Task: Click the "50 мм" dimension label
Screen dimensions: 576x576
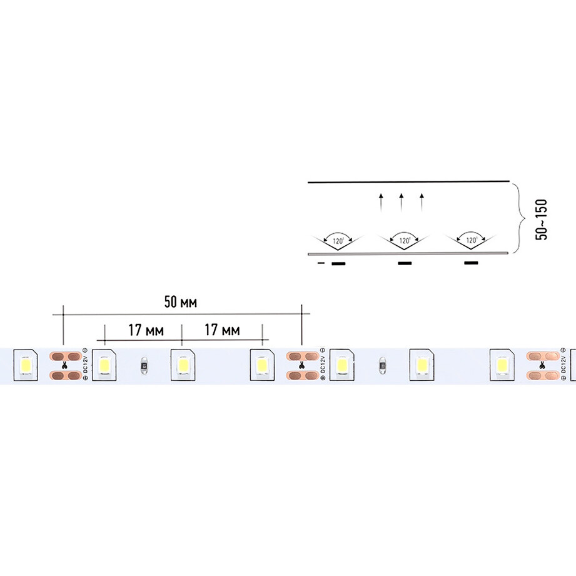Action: (x=181, y=303)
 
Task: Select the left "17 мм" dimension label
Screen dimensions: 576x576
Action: (x=143, y=330)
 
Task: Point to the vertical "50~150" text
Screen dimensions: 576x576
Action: (x=542, y=219)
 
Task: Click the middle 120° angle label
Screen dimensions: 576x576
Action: (x=404, y=240)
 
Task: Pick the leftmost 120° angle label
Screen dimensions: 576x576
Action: (x=338, y=240)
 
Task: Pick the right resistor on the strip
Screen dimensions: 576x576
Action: (x=381, y=364)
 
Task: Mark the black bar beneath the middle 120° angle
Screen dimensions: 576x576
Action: (x=405, y=263)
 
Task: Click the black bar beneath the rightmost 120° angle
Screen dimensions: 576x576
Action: (x=472, y=263)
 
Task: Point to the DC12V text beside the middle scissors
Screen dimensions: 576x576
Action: (x=322, y=365)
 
